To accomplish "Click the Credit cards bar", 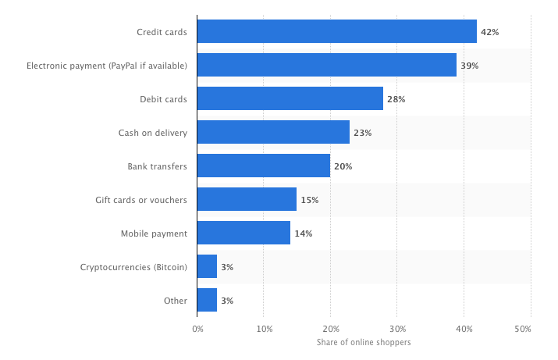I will [x=336, y=31].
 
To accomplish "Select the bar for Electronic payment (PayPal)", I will [x=326, y=65].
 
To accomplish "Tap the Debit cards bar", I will [x=290, y=98].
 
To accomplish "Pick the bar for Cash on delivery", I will [x=273, y=132].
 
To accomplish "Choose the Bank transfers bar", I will [x=263, y=166].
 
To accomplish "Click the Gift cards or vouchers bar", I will [x=247, y=199].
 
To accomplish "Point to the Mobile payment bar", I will [x=243, y=233].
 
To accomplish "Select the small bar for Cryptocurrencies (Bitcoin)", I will [x=207, y=266].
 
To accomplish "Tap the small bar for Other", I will [x=207, y=300].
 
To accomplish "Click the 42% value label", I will [x=489, y=32].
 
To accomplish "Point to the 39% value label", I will [x=469, y=66].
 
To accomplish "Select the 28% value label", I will [x=396, y=99].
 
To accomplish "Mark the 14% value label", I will [x=303, y=233].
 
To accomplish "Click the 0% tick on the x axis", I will [x=197, y=329].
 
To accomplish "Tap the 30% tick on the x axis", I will [x=397, y=329].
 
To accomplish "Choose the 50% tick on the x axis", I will [x=531, y=329].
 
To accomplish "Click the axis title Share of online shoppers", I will [x=364, y=343].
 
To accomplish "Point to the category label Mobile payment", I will [x=154, y=233].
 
